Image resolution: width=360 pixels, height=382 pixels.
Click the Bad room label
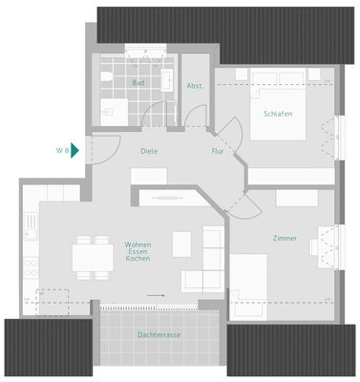point(138,83)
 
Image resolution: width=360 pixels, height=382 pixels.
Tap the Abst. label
point(195,86)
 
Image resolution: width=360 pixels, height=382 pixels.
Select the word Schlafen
point(277,114)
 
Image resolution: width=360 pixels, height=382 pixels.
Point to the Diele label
point(148,151)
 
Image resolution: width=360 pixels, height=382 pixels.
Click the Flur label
point(218,151)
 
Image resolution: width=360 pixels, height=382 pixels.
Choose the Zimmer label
point(285,238)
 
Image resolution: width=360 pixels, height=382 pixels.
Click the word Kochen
point(138,259)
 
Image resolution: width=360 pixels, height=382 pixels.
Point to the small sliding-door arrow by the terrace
point(156,296)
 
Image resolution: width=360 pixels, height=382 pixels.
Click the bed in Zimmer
point(253,286)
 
